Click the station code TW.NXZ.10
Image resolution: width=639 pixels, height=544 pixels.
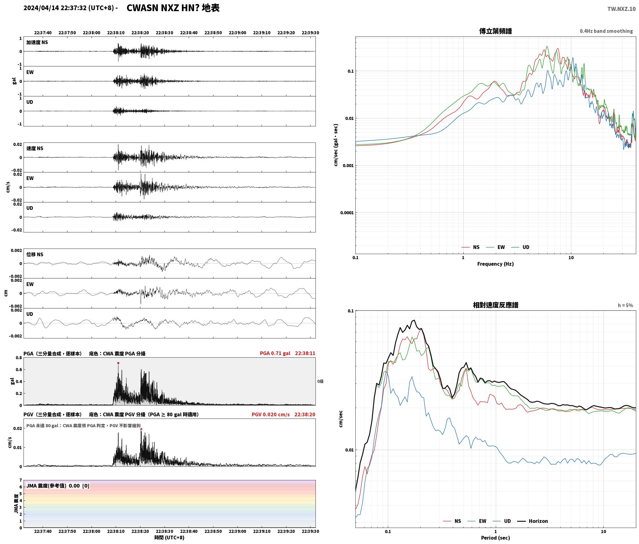(x=621, y=9)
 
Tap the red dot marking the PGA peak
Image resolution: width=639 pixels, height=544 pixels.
(x=118, y=363)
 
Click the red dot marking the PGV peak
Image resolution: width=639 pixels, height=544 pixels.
(x=141, y=429)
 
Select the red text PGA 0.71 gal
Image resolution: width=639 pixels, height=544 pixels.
(x=275, y=353)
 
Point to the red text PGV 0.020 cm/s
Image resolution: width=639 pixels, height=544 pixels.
(x=271, y=414)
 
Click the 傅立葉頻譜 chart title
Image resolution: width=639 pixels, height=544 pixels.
(x=495, y=31)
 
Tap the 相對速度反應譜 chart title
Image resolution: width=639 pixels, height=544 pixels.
(x=495, y=305)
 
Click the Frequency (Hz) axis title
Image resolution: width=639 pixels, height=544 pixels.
(x=495, y=264)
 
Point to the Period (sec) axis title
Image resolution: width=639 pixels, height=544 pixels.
(x=495, y=538)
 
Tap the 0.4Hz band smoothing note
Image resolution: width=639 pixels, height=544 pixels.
(x=606, y=31)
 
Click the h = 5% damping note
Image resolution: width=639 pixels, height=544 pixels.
(x=625, y=305)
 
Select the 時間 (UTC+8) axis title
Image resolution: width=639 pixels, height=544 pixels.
(x=169, y=538)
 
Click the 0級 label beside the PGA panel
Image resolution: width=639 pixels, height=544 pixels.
(x=320, y=381)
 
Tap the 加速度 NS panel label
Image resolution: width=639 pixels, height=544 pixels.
(x=37, y=42)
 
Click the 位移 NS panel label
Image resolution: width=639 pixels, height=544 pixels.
(x=35, y=254)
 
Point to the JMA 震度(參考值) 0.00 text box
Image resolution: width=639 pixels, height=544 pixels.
(x=58, y=486)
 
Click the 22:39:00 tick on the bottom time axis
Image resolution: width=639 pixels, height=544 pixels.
(x=238, y=531)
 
